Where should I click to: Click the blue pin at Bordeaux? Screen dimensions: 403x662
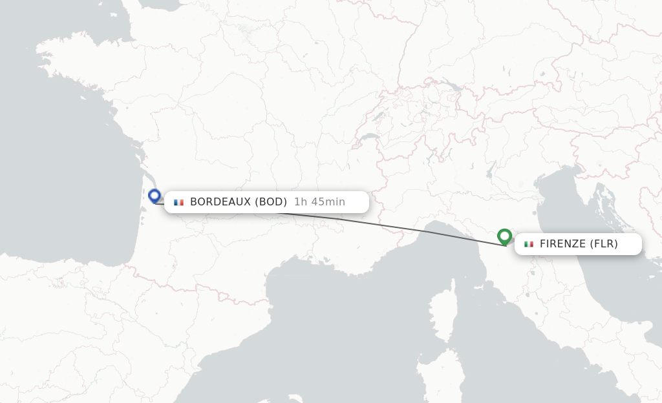pos(154,195)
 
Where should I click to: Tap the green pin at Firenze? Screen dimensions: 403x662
pos(504,236)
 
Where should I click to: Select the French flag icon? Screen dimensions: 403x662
pos(178,202)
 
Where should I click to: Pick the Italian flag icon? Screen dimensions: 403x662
pos(529,244)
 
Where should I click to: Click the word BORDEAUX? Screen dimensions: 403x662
pos(220,202)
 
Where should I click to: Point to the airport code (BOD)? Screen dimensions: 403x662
pos(271,202)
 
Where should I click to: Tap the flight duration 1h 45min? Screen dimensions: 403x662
pos(319,202)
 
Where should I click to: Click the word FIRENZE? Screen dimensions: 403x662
pos(562,244)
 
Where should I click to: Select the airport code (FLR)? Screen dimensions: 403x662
pos(604,244)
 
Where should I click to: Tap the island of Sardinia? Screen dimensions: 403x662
pos(440,381)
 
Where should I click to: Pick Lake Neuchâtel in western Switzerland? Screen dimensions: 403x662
pos(376,116)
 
